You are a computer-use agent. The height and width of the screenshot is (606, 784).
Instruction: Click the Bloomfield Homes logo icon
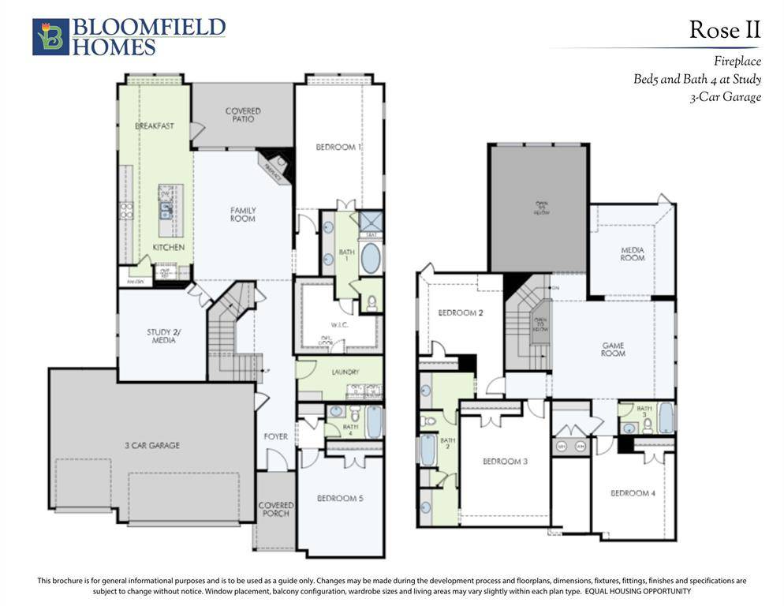click(x=50, y=37)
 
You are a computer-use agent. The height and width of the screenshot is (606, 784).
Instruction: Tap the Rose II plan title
click(x=724, y=30)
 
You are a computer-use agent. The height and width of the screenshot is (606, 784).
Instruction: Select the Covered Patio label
click(x=242, y=115)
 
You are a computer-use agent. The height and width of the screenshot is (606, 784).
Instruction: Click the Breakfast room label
click(x=155, y=126)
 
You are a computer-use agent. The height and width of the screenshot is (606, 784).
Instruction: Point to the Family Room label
click(x=243, y=214)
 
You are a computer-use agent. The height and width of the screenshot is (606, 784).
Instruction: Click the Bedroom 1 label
click(x=338, y=148)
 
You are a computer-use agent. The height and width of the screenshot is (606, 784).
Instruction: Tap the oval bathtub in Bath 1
click(x=370, y=258)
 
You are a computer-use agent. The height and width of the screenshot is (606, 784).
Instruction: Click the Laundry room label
click(x=346, y=372)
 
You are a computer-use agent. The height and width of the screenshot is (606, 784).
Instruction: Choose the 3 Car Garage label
click(x=151, y=445)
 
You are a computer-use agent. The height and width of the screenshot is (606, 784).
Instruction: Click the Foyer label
click(x=275, y=436)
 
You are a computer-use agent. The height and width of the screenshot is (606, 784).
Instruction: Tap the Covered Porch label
click(x=275, y=509)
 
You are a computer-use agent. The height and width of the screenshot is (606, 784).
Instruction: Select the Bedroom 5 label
click(x=340, y=498)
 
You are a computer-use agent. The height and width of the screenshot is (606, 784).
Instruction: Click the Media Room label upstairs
click(x=633, y=253)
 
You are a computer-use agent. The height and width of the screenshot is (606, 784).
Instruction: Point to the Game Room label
click(x=613, y=349)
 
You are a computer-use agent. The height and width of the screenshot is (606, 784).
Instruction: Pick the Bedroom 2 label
click(x=461, y=313)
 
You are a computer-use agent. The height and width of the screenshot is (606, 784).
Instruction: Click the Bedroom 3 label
click(x=505, y=461)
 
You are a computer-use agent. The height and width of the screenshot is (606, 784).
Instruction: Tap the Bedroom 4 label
click(x=633, y=493)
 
